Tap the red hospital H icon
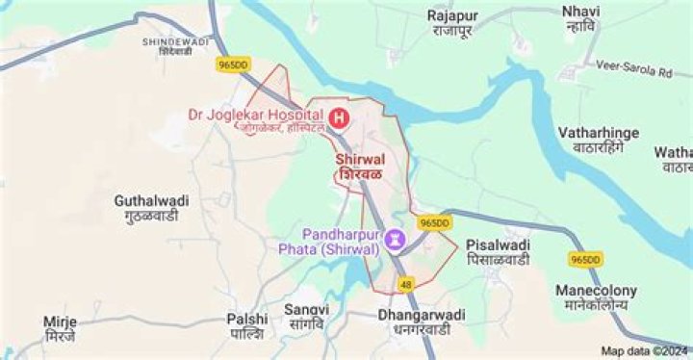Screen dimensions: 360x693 [338, 117]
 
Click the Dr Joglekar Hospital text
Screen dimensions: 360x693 [257, 116]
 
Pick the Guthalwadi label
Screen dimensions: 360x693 [151, 208]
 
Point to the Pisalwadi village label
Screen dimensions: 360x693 [498, 252]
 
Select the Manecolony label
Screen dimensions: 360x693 [596, 296]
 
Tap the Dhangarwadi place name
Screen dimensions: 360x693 [422, 321]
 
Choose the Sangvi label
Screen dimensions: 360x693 [306, 317]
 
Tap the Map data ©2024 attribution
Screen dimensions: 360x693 [645, 351]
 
